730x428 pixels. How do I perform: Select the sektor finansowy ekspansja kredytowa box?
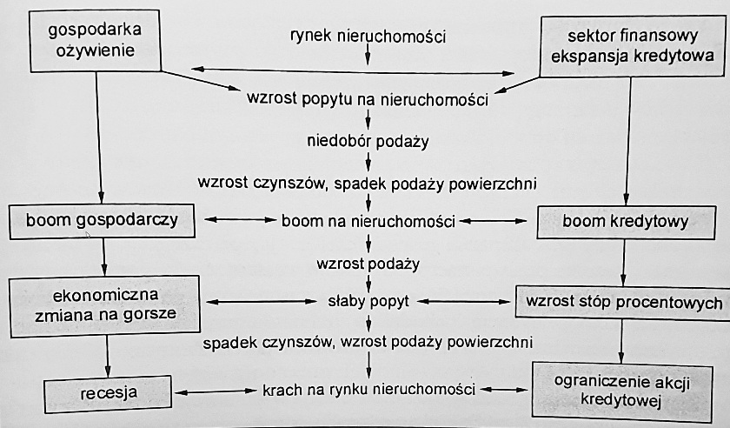631,46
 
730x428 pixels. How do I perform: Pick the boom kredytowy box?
626,222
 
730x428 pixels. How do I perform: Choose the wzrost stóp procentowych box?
620,303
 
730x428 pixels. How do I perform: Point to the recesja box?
103,391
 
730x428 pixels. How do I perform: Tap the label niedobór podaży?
368,140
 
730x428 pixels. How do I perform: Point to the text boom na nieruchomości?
369,222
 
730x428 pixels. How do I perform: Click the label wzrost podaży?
369,262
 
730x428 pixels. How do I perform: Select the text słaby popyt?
369,302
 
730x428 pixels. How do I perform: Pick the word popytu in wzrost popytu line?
332,99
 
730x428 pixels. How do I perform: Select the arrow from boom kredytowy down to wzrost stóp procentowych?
623,261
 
